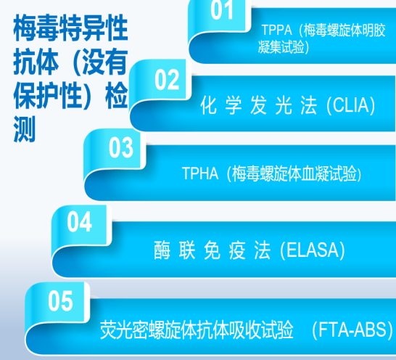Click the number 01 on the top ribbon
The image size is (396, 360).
[222, 11]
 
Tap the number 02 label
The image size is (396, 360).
[167, 80]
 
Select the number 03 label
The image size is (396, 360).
[121, 148]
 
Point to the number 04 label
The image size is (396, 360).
[80, 222]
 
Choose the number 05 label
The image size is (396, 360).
[61, 300]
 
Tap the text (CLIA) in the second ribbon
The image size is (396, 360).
[352, 106]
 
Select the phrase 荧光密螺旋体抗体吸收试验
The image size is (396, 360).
[197, 331]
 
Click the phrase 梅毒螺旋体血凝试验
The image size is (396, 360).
[292, 174]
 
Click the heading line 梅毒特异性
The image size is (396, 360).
[70, 30]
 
